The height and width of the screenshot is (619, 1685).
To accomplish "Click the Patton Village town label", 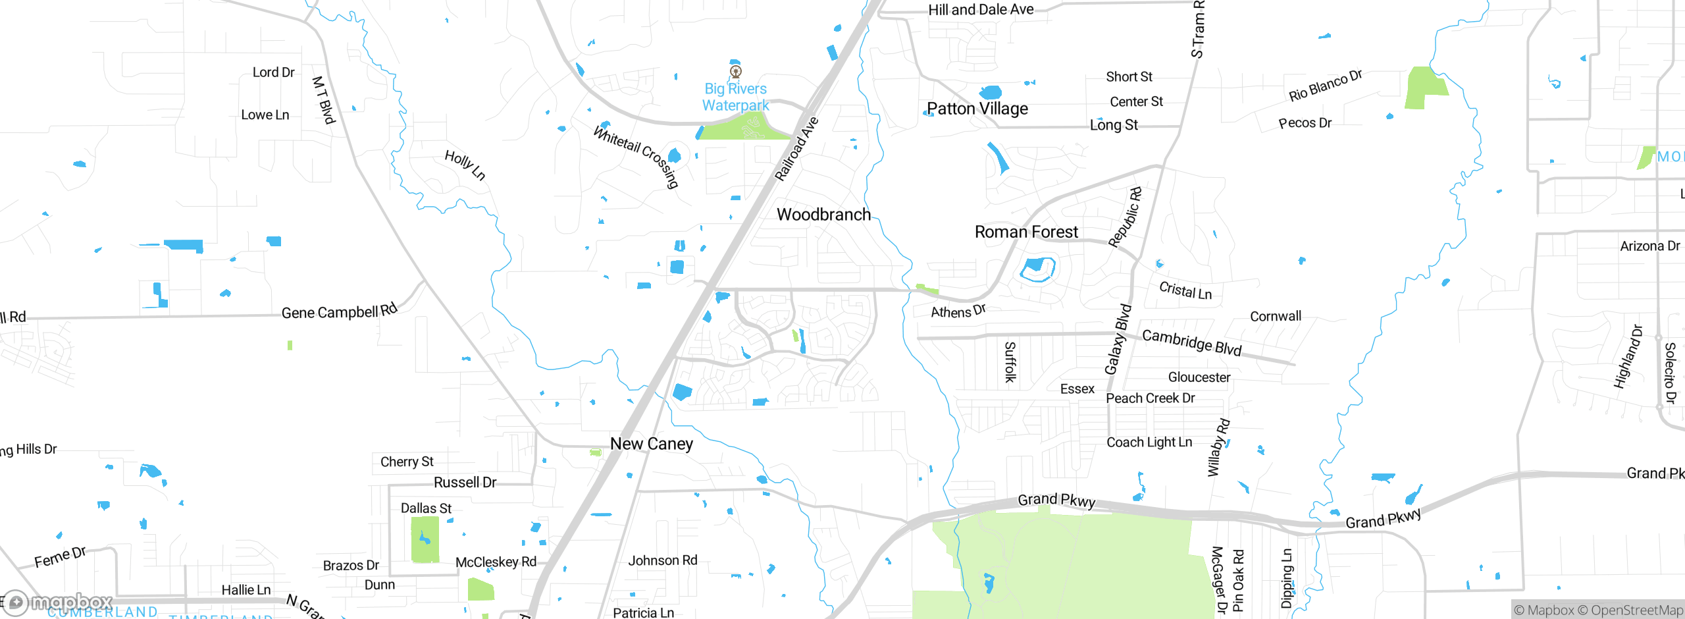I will coord(977,109).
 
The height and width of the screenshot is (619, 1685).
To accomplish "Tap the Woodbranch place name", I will coord(823,215).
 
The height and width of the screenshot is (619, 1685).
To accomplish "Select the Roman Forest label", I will coord(1026,232).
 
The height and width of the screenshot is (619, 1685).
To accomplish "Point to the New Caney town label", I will coord(651,444).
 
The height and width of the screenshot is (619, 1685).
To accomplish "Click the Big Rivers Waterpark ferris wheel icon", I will coord(736,71).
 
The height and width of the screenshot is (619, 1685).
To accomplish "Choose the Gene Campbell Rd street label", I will coord(339,311).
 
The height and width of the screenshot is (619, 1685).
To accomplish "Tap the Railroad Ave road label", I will coord(796,149).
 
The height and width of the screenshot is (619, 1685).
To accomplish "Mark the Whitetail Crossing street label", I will coord(636,157).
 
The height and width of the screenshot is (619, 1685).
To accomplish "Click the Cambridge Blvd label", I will coord(1191,342).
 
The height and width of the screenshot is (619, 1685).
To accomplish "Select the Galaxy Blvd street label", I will coord(1118,339).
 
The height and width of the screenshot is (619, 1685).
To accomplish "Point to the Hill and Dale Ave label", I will coord(981,10).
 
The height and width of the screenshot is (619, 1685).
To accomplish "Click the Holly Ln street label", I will coord(465,165).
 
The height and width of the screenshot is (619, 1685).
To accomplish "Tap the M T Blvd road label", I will coord(323,100).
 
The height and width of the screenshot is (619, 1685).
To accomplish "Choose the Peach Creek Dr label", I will coord(1150,398).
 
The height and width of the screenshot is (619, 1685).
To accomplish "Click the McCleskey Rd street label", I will coord(496,562).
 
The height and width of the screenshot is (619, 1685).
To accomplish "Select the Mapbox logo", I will coord(58,602).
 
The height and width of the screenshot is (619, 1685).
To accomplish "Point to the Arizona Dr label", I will coord(1649,246).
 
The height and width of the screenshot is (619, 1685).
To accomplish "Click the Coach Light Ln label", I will coord(1149,443).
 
